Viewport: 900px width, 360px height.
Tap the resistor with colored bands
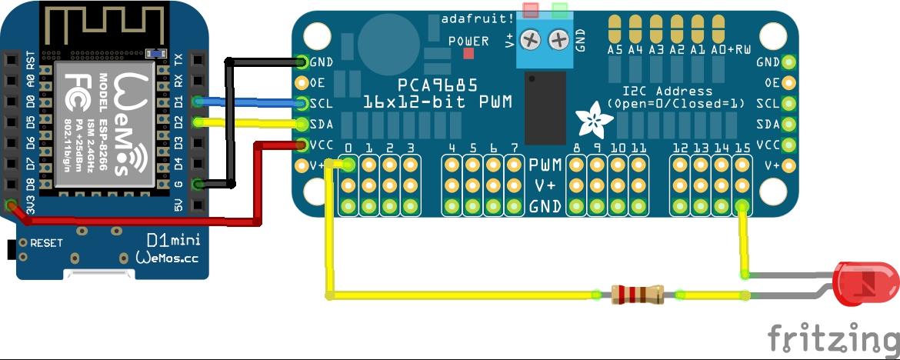(636, 294)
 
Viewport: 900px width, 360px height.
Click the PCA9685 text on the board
(438, 85)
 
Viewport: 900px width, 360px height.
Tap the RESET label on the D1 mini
(46, 242)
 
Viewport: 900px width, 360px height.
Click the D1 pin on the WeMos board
(198, 101)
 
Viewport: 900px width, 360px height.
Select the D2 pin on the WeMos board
(198, 122)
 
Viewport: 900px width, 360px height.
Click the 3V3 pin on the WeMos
(11, 205)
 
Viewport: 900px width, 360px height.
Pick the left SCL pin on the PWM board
(301, 103)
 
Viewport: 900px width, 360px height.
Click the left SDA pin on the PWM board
(301, 124)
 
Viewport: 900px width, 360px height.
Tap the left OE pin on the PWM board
(301, 82)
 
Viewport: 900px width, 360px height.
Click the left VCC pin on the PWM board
(301, 145)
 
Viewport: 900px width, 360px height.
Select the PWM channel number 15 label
(742, 148)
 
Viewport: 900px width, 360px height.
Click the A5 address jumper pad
(615, 30)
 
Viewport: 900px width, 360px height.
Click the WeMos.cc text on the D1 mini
(166, 258)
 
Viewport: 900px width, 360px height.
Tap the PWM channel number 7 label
(514, 148)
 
